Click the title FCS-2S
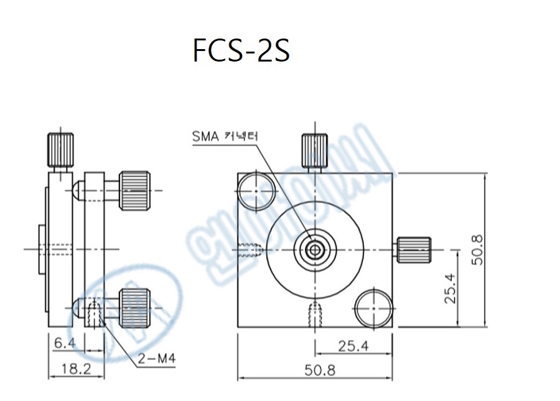[241, 53]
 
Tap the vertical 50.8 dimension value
[478, 249]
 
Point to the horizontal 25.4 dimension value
[353, 346]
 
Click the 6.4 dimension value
[65, 343]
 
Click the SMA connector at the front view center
[315, 249]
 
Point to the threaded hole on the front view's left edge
[249, 251]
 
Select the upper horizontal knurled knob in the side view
[134, 189]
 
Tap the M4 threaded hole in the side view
[95, 313]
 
